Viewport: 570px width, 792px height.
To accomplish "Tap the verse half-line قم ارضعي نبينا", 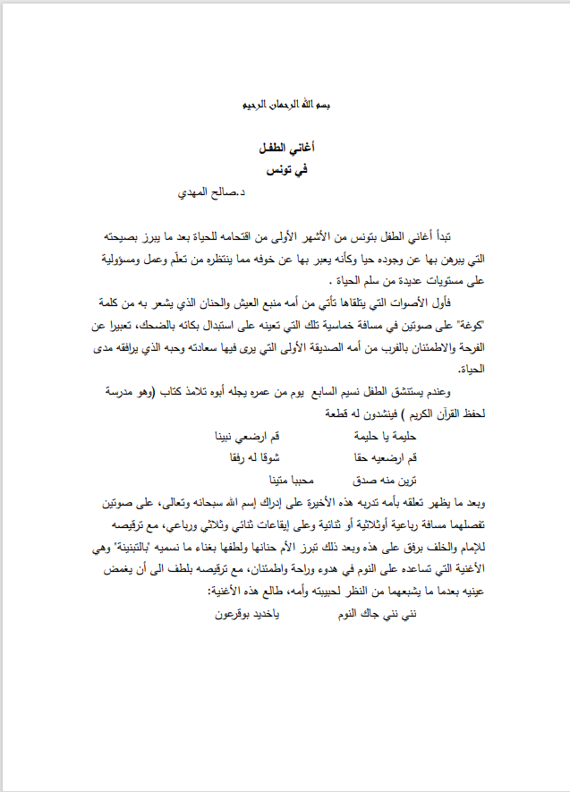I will pyautogui.click(x=245, y=436).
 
